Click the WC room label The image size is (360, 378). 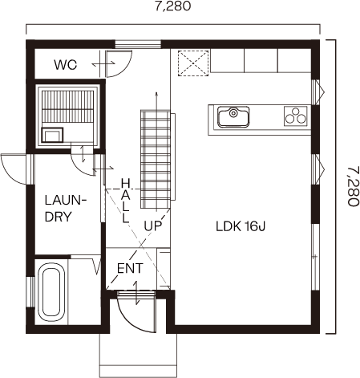tap(66, 65)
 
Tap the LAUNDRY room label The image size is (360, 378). tap(66, 209)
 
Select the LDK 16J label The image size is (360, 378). tap(241, 226)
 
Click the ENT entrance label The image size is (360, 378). tap(130, 268)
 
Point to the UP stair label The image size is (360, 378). tap(153, 226)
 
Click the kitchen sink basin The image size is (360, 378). tap(233, 116)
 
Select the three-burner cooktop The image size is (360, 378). tap(295, 116)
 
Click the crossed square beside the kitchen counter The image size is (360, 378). tap(193, 63)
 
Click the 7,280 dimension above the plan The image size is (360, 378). tap(173, 6)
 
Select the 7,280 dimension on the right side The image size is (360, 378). tap(353, 186)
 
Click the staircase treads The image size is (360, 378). tap(156, 159)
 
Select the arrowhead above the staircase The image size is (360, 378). tap(156, 94)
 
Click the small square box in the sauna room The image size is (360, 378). tap(52, 135)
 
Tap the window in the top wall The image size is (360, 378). tap(138, 44)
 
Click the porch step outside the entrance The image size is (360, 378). tap(138, 355)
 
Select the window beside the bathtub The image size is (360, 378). tap(31, 292)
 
